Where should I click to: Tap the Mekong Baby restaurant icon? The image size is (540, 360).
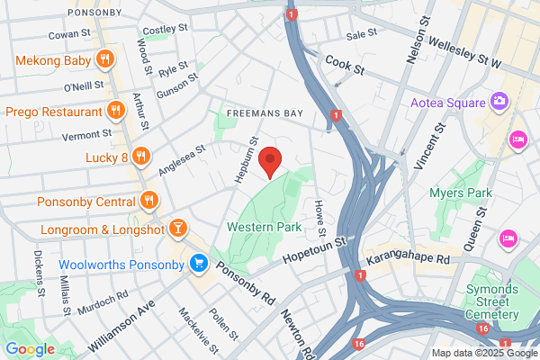pos(105,59)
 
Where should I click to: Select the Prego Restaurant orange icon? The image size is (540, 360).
pos(115,111)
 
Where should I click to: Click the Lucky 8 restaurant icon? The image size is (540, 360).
pos(139,157)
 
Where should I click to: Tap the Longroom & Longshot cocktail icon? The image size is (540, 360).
pos(178,227)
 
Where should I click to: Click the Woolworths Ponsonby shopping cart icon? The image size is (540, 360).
pos(199,265)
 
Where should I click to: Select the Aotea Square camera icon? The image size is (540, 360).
pos(498,101)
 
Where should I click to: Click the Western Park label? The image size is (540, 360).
pos(264,228)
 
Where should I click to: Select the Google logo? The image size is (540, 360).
pos(30,349)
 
